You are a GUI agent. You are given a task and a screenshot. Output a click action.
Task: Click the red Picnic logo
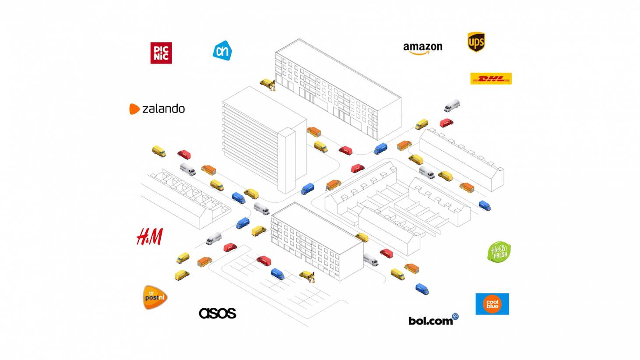[161, 53]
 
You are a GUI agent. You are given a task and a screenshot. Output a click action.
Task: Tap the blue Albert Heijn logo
[222, 51]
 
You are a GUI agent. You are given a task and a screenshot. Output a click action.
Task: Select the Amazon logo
[422, 48]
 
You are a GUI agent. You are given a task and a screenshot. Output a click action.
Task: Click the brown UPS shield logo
[476, 42]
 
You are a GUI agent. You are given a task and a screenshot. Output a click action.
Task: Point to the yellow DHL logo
[491, 79]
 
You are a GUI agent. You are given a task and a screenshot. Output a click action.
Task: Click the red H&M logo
[150, 236]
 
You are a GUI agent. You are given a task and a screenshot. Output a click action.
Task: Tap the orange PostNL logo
[155, 297]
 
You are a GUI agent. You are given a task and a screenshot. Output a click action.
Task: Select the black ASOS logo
[218, 313]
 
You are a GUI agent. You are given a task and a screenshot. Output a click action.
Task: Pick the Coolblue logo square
[492, 304]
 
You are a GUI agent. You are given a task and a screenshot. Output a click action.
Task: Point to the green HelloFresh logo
[499, 252]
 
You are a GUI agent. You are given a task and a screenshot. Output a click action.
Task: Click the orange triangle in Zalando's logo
[134, 109]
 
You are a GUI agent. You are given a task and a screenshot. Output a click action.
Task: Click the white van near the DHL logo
[451, 106]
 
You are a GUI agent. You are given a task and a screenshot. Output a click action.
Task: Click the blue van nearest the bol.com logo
[422, 289]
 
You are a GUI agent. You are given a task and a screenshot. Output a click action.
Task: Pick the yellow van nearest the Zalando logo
[159, 152]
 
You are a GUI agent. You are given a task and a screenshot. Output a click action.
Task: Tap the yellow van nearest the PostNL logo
[182, 275]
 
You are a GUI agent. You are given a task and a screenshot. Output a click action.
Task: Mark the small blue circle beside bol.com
[455, 316]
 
